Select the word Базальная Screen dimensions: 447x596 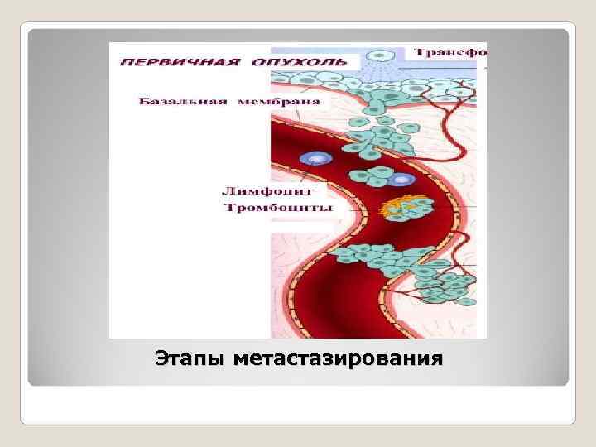tap(176, 103)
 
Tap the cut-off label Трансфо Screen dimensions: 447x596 tap(450, 52)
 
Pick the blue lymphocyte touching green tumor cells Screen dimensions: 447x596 tap(401, 180)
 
